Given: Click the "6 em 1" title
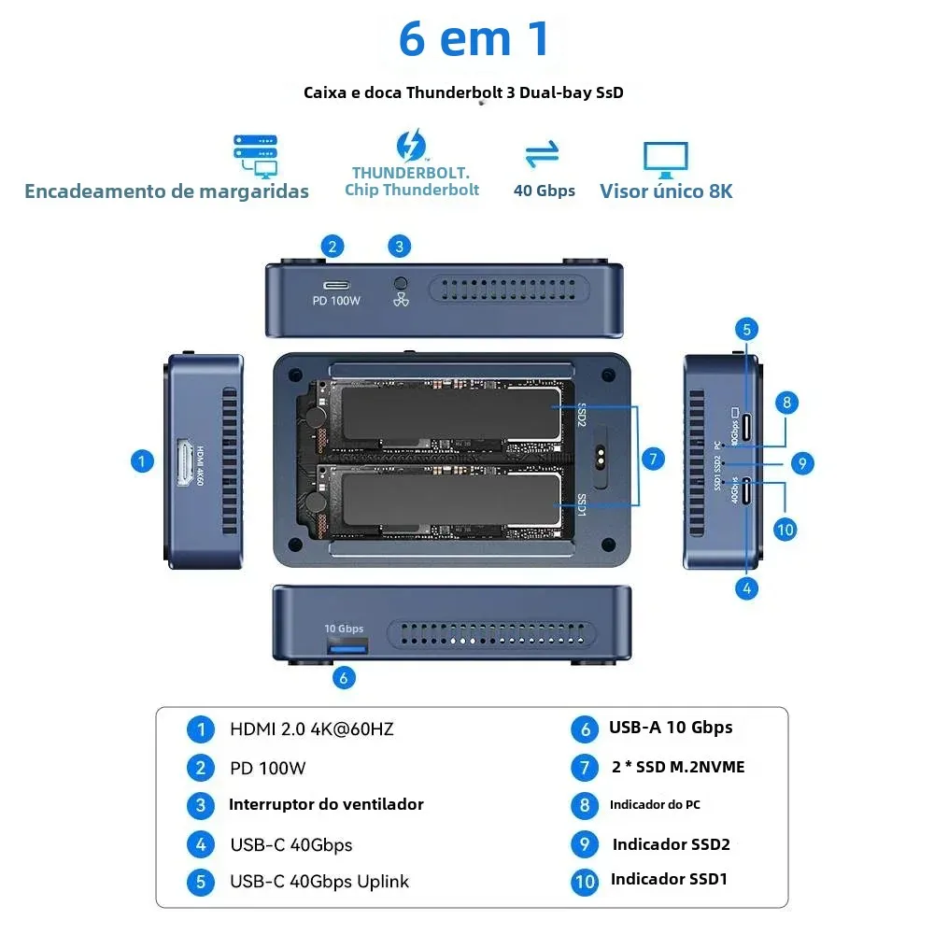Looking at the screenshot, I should (474, 39).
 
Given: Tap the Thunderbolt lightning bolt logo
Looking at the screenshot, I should (411, 147).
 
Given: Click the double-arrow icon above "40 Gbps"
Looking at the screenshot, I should (543, 154).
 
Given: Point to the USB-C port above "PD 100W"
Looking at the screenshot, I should (336, 285).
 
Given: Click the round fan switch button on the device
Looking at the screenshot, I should (402, 283).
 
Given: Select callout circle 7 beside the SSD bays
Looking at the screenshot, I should (653, 459).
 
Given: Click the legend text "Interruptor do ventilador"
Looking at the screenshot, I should (326, 804).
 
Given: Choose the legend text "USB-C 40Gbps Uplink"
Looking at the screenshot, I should (318, 882).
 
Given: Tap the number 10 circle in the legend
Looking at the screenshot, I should (585, 881).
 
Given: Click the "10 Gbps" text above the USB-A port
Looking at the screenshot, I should (344, 629).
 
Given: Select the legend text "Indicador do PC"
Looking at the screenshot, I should (654, 804).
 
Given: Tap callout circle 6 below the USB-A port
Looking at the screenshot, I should (344, 678).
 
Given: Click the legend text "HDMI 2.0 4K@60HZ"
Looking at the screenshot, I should (311, 729).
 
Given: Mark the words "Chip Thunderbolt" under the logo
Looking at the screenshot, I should (411, 190).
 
